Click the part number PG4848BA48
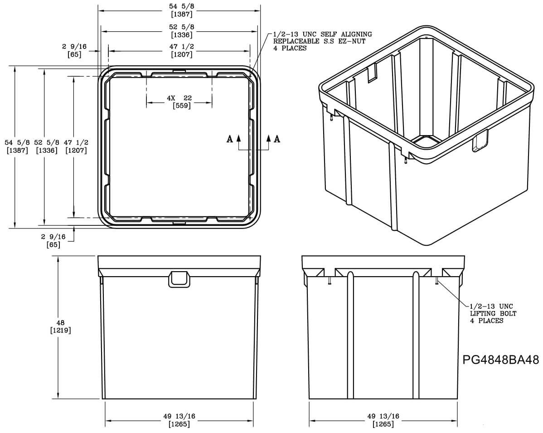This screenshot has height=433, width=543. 501,360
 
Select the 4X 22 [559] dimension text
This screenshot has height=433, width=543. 179,102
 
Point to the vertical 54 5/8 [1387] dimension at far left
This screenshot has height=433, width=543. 18,146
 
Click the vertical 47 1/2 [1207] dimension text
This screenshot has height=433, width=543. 76,146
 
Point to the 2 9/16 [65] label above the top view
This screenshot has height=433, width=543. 74,50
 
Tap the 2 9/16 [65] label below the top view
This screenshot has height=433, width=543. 53,240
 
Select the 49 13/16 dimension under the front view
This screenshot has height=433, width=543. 179,420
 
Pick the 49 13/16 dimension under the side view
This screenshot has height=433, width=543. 383,420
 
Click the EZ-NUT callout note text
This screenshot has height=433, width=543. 322,41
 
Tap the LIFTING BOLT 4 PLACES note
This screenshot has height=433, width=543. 493,314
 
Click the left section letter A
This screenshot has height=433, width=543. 230,139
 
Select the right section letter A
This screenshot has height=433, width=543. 277,139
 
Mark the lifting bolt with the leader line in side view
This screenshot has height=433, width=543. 436,282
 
